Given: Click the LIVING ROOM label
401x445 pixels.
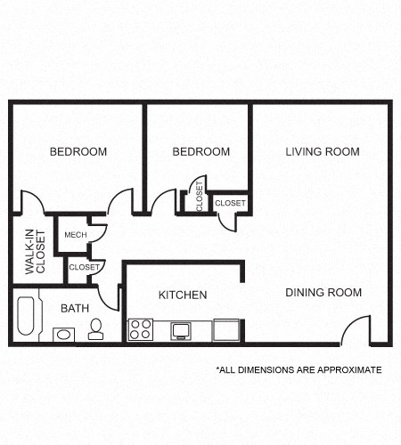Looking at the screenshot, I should [323, 152].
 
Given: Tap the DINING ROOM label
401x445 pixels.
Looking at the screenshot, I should [323, 292].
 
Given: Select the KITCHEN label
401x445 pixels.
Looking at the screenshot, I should [183, 295].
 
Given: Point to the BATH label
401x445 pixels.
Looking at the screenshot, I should [75, 308].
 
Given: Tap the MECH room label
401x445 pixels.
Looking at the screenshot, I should [74, 235].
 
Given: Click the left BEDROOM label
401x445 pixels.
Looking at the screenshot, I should [78, 152].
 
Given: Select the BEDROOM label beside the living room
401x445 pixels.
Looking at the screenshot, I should [200, 152].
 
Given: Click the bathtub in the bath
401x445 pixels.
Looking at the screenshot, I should [26, 315].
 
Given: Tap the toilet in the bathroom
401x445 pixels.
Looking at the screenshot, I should [95, 329].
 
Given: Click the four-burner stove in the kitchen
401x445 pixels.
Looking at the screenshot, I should [141, 329].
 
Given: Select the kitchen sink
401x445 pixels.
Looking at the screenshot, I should [181, 331].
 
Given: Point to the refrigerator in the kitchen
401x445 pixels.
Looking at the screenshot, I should [226, 329].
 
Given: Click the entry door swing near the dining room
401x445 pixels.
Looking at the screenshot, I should [356, 330].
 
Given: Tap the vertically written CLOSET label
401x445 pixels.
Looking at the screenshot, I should [199, 195].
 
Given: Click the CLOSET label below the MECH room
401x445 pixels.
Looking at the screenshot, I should [84, 267].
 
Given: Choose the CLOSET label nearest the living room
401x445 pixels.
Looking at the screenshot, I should [230, 204].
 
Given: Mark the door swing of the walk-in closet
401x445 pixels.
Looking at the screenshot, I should [32, 204].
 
